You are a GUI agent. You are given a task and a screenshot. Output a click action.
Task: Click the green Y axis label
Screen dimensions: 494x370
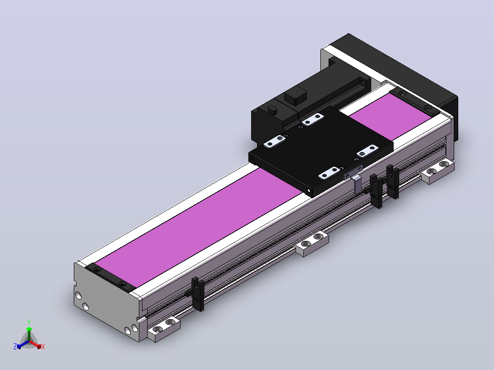pos(29,322)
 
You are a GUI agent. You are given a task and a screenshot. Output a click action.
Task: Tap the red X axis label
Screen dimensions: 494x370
pos(43,347)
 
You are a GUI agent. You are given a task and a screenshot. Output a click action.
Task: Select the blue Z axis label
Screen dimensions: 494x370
pos(15,346)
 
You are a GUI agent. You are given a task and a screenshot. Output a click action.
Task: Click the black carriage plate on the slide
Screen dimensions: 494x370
pos(321,151)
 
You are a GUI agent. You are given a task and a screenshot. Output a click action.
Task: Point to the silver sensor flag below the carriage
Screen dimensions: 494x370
pos(357,184)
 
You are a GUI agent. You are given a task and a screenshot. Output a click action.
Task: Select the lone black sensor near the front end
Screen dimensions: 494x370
pos(197,294)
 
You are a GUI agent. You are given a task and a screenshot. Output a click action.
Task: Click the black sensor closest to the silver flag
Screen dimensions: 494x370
pos(376,191)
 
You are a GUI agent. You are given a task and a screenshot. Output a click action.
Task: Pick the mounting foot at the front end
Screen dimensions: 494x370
pos(164,329)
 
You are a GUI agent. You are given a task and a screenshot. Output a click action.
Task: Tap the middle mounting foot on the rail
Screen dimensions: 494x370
pos(312,244)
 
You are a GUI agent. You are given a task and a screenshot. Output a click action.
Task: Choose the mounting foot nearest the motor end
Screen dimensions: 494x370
pos(437,171)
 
